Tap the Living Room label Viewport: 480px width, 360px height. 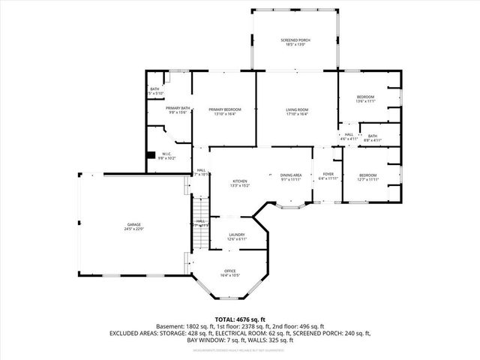297,110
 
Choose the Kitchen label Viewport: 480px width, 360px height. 240,181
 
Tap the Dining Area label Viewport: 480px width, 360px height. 291,174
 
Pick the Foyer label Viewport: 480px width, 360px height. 328,174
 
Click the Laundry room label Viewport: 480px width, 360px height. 237,235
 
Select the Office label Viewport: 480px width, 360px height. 230,271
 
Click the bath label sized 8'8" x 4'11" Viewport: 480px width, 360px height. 372,136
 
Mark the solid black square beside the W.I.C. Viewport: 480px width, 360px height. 150,154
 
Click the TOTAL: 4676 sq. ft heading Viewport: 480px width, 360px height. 239,319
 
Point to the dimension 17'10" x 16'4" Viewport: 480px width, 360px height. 297,115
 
